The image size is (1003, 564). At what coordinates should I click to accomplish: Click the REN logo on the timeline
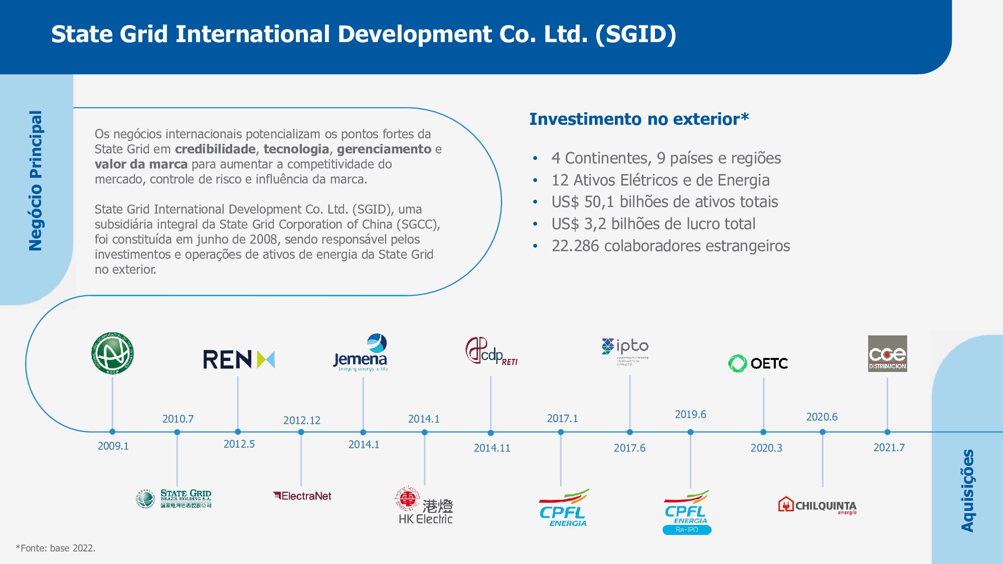[239, 359]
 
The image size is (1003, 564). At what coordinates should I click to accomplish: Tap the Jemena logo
[361, 353]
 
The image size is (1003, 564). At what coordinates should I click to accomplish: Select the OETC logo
[758, 363]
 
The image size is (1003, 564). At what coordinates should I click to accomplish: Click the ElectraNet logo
[302, 496]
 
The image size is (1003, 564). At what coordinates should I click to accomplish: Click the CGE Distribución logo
[887, 353]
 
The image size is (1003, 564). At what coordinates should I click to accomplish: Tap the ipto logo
[625, 351]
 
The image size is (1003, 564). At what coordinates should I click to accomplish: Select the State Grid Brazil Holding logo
[174, 499]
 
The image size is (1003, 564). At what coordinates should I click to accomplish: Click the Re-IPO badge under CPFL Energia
[687, 530]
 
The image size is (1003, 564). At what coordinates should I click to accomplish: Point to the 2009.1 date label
[113, 446]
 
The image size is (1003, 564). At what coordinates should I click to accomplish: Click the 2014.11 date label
[492, 448]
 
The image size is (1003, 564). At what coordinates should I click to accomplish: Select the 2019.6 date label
[690, 415]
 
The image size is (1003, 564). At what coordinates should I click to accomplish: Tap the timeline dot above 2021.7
[887, 432]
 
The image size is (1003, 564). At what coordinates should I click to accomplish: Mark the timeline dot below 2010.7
[177, 432]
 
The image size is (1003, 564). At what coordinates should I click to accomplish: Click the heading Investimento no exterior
[639, 119]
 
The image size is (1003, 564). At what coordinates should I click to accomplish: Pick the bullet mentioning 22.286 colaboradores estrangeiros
[671, 246]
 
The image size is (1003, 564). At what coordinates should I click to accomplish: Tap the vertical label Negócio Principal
[36, 180]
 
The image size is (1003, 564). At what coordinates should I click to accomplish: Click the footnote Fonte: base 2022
[56, 548]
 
